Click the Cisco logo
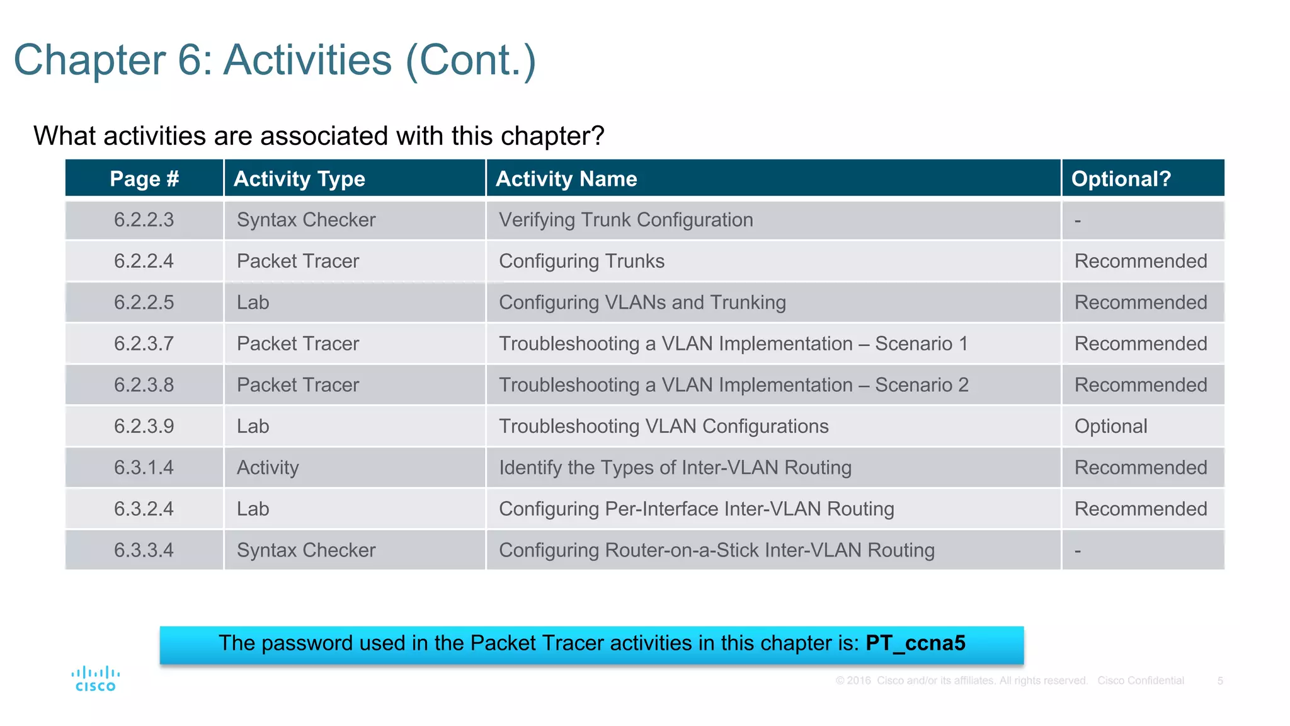96,679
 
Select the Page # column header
144,179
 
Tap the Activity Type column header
299,179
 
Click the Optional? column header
1121,179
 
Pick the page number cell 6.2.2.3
144,220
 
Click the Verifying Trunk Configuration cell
625,220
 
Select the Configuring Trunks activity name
581,261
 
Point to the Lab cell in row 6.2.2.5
253,302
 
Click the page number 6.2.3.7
144,343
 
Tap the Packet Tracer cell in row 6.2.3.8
298,385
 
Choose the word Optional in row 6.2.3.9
1110,426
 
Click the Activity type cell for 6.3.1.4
268,468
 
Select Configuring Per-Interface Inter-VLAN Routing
696,509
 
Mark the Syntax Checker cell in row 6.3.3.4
306,550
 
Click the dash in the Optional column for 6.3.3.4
1078,551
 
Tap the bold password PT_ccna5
915,643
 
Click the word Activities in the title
308,60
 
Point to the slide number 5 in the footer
1220,681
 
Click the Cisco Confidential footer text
1140,681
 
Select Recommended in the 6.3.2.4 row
1140,509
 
